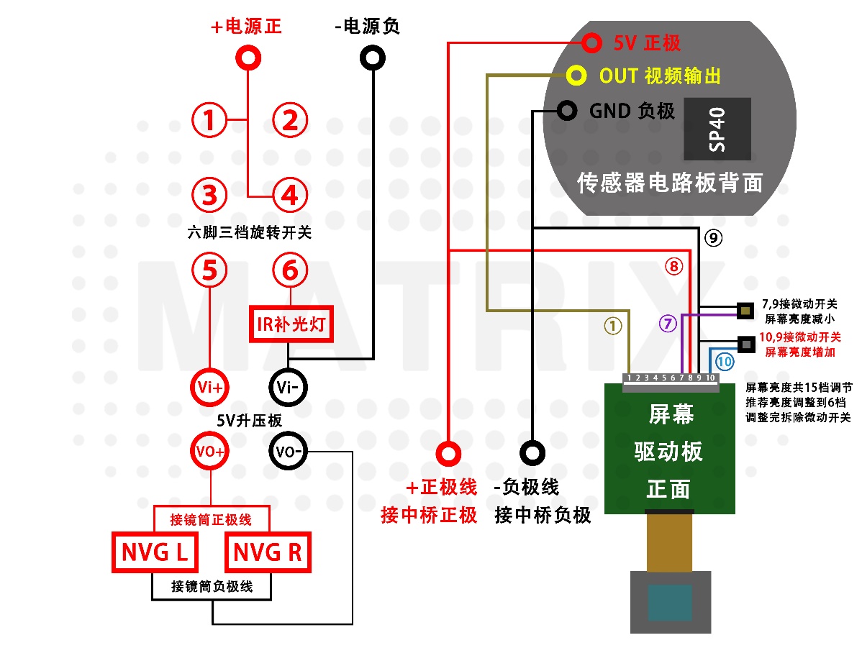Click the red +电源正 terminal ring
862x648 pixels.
(x=248, y=58)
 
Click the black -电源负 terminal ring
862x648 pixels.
(x=373, y=58)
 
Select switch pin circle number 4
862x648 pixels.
(x=290, y=195)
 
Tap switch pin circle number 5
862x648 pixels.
(x=209, y=270)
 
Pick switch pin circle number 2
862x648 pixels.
(x=290, y=120)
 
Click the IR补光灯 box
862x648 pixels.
(x=291, y=324)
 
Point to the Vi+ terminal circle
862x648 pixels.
(x=209, y=388)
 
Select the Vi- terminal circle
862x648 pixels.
(x=288, y=388)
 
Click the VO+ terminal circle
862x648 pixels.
(x=209, y=451)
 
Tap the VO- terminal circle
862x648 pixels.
(x=288, y=451)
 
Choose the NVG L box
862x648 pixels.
(x=155, y=552)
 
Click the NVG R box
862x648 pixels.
(x=268, y=552)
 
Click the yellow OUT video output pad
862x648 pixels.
(x=576, y=76)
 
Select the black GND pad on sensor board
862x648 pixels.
(x=567, y=111)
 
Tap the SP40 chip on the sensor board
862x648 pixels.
(x=717, y=129)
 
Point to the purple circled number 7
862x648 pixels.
(x=668, y=323)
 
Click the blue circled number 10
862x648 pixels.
(x=725, y=361)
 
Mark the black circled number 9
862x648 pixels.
(x=714, y=238)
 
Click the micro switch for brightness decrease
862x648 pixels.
(x=745, y=311)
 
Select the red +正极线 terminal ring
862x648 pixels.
(x=448, y=453)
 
